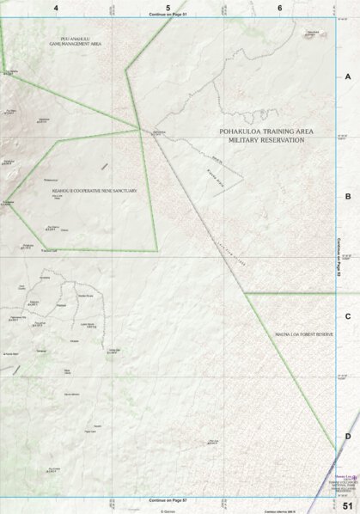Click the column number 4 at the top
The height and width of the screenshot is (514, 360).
point(56,7)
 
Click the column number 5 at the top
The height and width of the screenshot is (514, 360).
point(168,7)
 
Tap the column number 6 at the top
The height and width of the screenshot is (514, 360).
point(280,7)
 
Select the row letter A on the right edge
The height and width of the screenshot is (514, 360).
point(348,76)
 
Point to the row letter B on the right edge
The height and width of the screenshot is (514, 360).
point(348,197)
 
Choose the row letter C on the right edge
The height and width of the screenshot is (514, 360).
point(348,316)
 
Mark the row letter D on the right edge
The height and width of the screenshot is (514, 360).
point(348,436)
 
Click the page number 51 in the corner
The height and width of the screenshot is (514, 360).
point(347,505)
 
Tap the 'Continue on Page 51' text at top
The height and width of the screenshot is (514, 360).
point(168,15)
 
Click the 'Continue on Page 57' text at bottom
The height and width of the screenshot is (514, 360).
point(168,499)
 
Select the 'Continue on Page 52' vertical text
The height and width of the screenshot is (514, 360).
point(341,258)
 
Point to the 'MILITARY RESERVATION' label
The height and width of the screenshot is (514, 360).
point(263,139)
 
